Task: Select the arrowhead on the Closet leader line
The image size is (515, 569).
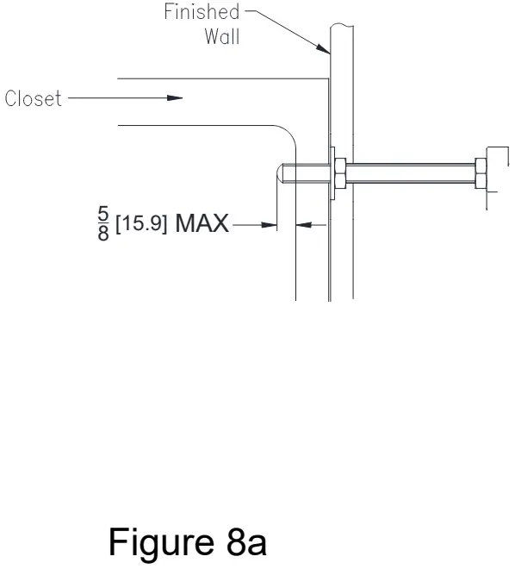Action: tap(176, 98)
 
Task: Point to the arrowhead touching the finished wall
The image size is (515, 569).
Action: tap(326, 52)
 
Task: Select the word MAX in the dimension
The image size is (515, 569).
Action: tap(202, 224)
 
